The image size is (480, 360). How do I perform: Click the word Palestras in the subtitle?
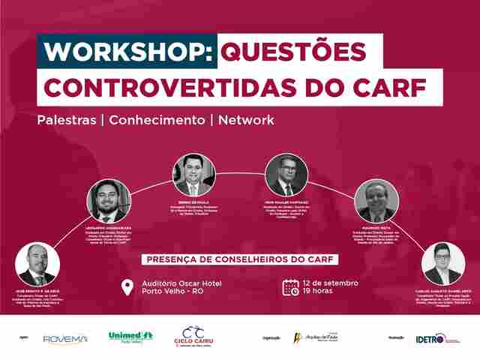click(x=68, y=120)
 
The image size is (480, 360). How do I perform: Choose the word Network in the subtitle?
click(x=246, y=120)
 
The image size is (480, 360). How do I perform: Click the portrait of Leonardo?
click(x=109, y=200)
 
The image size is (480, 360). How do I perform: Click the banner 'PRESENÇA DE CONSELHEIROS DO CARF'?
click(x=239, y=259)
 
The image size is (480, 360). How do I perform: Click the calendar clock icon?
click(x=291, y=286)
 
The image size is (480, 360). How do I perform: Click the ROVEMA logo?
click(x=65, y=338)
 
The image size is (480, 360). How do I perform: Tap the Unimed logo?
click(x=130, y=336)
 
